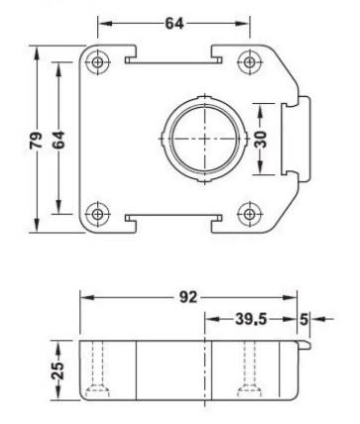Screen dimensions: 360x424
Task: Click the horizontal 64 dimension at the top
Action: pos(175,24)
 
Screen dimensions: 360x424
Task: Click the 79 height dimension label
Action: pos(36,140)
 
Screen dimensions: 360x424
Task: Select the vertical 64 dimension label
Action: pos(59,140)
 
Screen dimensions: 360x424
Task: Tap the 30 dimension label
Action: pos(261,140)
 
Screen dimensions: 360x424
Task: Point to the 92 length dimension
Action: pos(188,297)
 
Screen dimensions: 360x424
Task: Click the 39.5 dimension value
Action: pos(251,319)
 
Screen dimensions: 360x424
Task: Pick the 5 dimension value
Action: pos(304,319)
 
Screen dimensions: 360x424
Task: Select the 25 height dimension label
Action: pos(59,371)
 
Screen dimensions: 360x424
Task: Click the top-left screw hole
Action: pos(97,61)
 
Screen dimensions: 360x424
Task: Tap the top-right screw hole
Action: pos(250,61)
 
